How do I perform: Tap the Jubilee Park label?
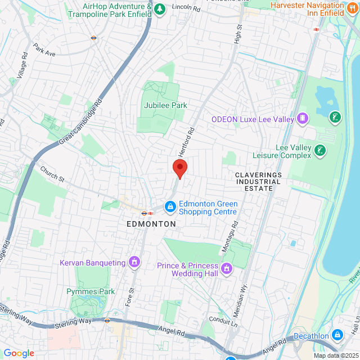[165, 105]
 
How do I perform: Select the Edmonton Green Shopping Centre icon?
[169, 208]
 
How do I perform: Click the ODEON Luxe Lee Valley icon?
[303, 119]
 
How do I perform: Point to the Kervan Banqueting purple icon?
[134, 262]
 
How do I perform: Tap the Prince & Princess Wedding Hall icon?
[227, 269]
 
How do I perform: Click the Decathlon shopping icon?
[337, 336]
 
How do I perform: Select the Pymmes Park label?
[91, 291]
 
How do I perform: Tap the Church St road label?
[52, 175]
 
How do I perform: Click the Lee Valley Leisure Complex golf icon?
[320, 150]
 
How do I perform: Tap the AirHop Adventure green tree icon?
[160, 9]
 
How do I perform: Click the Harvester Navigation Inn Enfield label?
[307, 9]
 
